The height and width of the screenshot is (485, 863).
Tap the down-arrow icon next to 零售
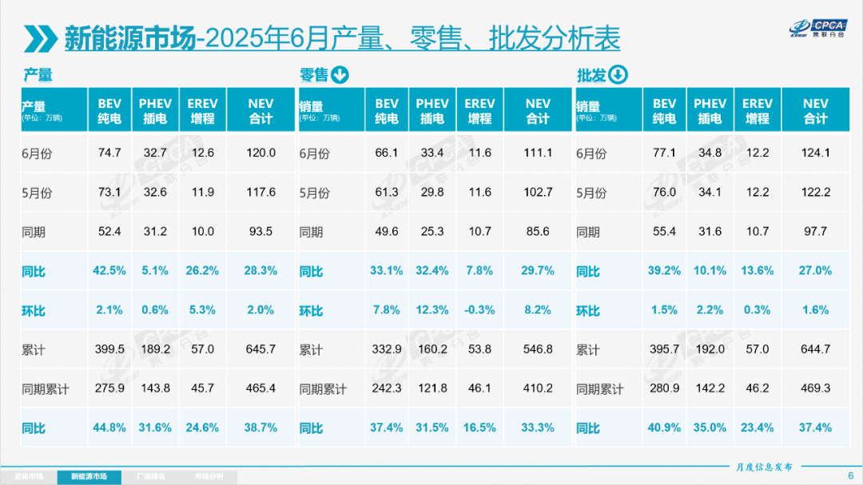tap(340, 75)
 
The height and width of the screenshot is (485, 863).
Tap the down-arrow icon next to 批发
tap(618, 75)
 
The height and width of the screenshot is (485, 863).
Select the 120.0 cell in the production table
tap(260, 153)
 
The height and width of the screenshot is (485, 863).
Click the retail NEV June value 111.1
tap(538, 153)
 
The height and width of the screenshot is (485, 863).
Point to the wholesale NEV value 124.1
tap(815, 153)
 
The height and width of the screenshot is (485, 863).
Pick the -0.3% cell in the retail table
tap(479, 310)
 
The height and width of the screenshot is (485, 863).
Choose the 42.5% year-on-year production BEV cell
tap(109, 271)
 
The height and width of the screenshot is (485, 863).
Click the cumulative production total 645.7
tap(260, 349)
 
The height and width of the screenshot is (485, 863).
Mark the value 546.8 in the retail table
tap(538, 349)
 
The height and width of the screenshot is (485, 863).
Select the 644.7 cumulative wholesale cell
tap(815, 349)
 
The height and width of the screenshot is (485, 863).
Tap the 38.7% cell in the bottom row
tap(260, 427)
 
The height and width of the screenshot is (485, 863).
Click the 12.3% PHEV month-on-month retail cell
tap(432, 310)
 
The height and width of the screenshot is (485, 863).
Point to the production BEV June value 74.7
tap(109, 153)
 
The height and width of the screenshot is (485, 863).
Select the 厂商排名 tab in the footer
tap(152, 477)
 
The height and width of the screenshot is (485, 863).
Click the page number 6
tap(849, 475)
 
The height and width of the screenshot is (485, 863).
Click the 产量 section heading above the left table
tap(38, 75)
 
